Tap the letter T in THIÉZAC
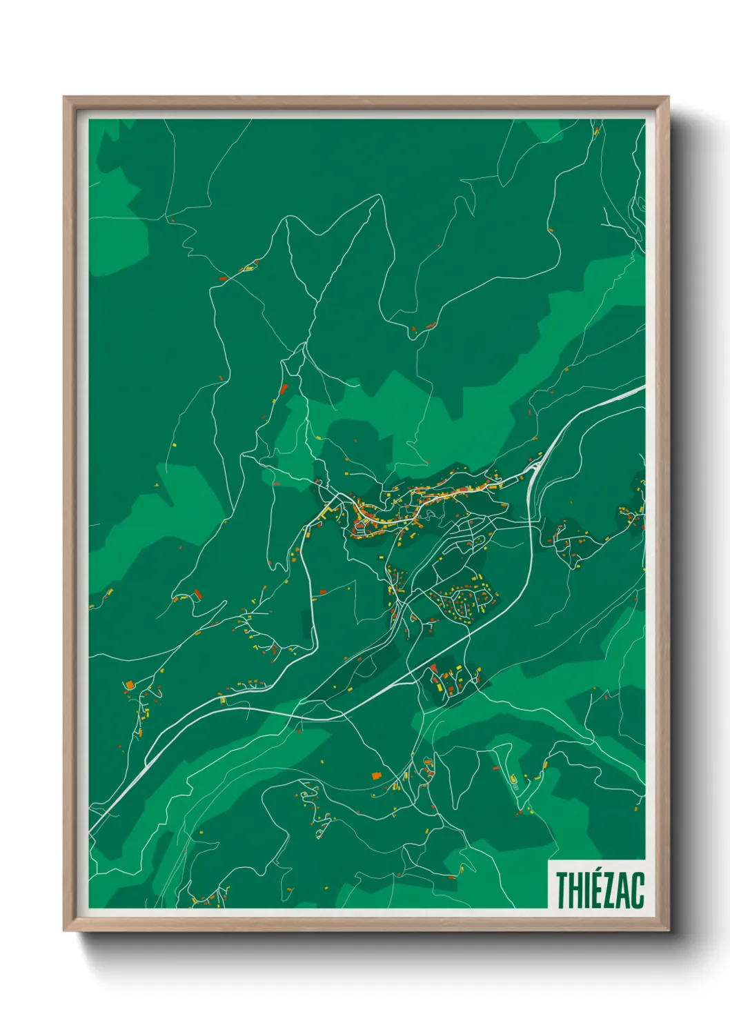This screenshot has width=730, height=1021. tap(562, 891)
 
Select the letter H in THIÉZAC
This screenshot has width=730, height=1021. tap(575, 891)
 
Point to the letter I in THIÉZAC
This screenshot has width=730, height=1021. tap(586, 891)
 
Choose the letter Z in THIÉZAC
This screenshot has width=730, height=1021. tap(608, 891)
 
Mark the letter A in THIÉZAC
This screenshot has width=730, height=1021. tap(622, 891)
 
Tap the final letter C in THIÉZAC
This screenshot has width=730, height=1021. tap(637, 891)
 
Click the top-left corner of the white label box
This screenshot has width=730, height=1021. tap(549, 860)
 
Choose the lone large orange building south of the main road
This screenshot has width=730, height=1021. tap(376, 776)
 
